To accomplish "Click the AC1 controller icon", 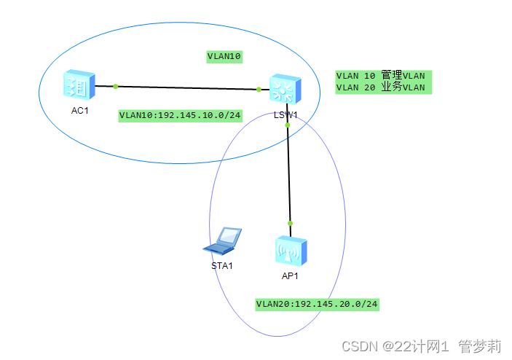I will point(78,86).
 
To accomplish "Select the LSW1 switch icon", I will point(283,89).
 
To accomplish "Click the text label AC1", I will point(77,111).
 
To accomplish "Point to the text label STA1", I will point(221,265).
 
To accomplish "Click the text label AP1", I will point(290,276).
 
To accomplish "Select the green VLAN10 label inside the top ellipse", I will point(224,55).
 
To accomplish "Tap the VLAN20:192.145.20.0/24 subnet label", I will point(318,303).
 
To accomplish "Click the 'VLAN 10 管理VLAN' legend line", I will point(380,76).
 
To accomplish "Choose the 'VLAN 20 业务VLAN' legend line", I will point(380,87).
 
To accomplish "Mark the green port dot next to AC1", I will point(116,86).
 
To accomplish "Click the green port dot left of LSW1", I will point(259,90).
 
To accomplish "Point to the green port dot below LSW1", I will point(288,125).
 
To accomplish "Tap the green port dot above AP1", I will point(290,223).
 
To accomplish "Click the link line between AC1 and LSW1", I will point(187,87).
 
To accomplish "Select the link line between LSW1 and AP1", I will point(289,175).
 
